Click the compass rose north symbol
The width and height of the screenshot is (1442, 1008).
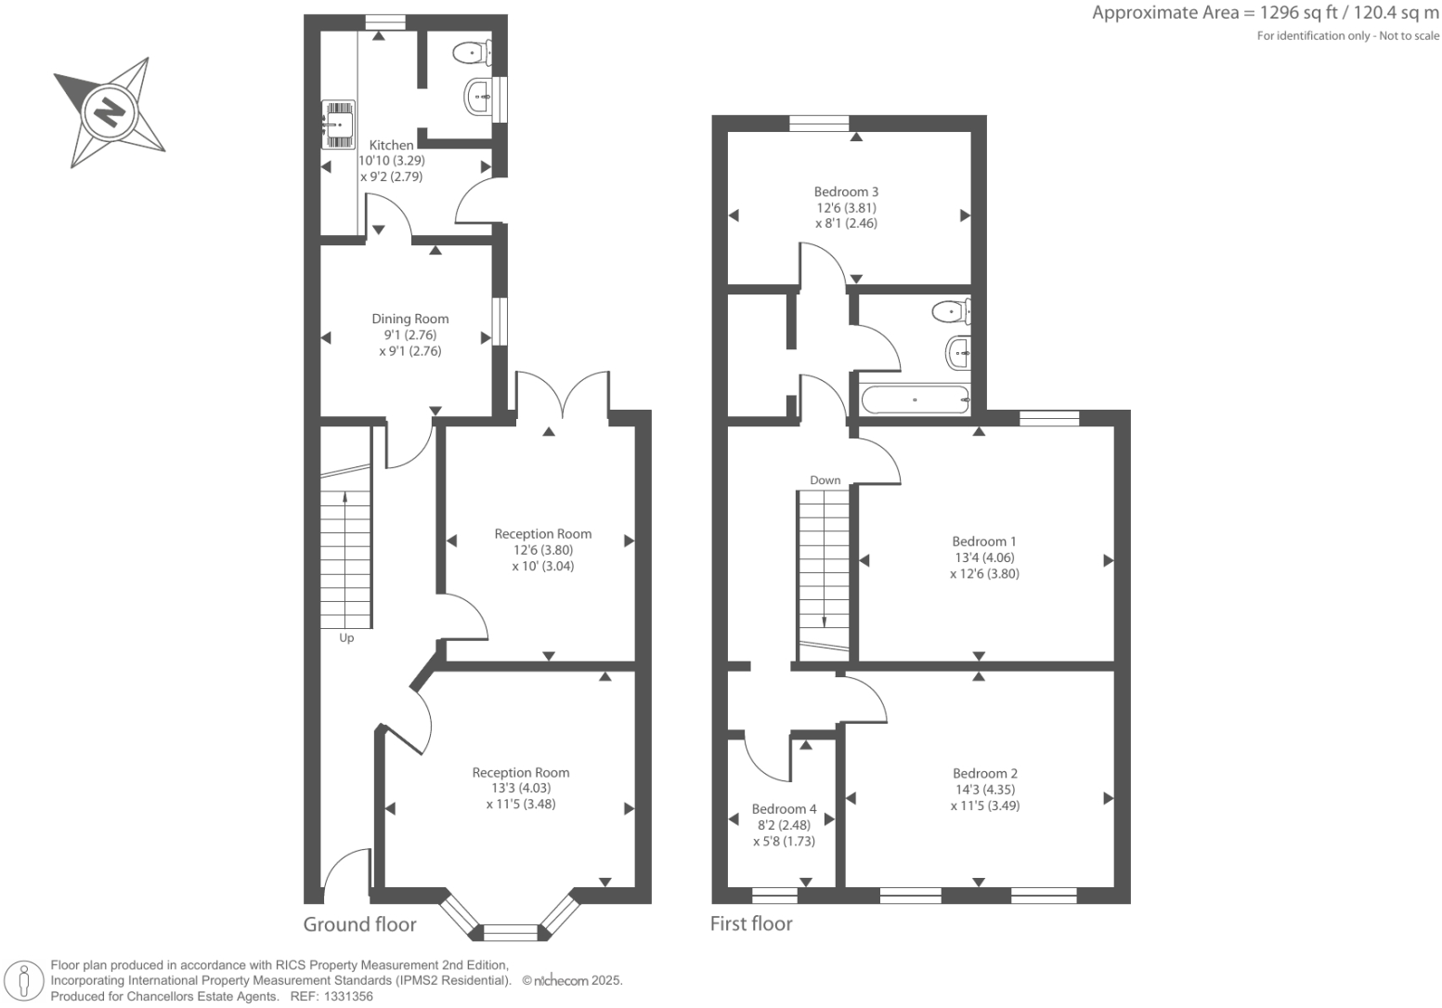(x=110, y=112)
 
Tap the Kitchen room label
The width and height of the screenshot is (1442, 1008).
(x=391, y=145)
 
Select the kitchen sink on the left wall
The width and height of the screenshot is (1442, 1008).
(x=338, y=124)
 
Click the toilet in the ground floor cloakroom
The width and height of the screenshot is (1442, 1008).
(x=473, y=53)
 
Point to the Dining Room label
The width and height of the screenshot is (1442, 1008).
(x=409, y=319)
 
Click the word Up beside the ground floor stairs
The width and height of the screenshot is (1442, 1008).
(x=346, y=638)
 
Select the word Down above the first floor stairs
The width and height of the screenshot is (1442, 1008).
(x=825, y=480)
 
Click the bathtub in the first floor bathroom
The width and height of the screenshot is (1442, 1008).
(x=916, y=400)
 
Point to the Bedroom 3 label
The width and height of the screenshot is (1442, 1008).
(x=846, y=192)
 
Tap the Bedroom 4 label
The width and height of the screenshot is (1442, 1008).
(x=784, y=809)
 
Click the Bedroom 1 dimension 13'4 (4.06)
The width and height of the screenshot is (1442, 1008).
(x=983, y=557)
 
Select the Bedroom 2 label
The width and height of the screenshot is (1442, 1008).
(x=984, y=773)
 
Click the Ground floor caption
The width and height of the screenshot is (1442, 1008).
(x=359, y=924)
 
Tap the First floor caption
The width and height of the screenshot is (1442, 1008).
(x=751, y=923)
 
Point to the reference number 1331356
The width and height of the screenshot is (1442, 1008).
(x=345, y=996)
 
